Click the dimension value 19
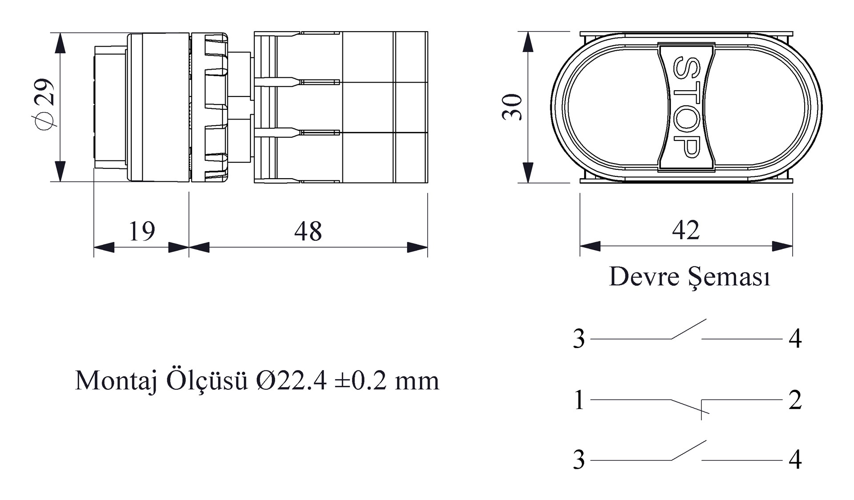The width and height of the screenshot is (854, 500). point(142,231)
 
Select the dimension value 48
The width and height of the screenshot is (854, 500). point(308,231)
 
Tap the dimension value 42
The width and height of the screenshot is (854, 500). point(686,230)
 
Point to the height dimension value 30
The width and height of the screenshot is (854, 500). point(512,107)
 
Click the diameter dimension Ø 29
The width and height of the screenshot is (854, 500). point(44,104)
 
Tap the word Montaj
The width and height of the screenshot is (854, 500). point(116,381)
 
